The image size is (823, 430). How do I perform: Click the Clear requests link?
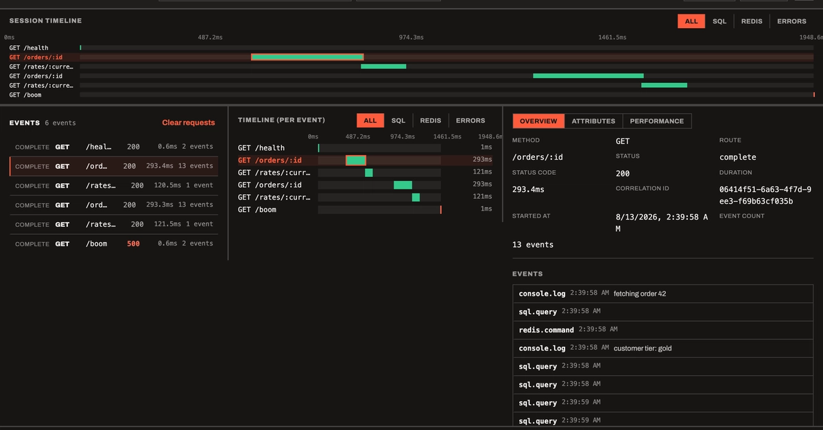point(189,122)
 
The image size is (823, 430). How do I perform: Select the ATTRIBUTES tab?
point(593,121)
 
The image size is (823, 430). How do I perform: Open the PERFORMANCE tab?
point(657,121)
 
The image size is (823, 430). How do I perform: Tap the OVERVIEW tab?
point(538,121)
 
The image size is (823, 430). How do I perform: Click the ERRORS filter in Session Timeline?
point(791,21)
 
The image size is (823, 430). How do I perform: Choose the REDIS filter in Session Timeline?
point(752,21)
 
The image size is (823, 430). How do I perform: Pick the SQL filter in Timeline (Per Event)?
point(398,121)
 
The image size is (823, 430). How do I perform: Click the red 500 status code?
point(133,243)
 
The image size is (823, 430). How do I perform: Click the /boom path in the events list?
point(96,243)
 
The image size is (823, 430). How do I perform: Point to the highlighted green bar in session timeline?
point(307,57)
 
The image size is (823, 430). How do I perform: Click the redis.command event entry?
point(546,330)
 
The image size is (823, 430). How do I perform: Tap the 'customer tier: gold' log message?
point(643,348)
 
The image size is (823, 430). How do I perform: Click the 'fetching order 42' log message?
point(640,294)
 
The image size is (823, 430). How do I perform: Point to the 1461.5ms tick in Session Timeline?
point(612,37)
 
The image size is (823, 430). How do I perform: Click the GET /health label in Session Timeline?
point(29,48)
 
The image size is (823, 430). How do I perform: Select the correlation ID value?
point(765,195)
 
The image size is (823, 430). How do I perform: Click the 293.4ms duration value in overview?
point(528,189)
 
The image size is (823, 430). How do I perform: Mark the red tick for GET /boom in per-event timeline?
point(440,209)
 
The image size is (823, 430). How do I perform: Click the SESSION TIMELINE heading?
point(45,21)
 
